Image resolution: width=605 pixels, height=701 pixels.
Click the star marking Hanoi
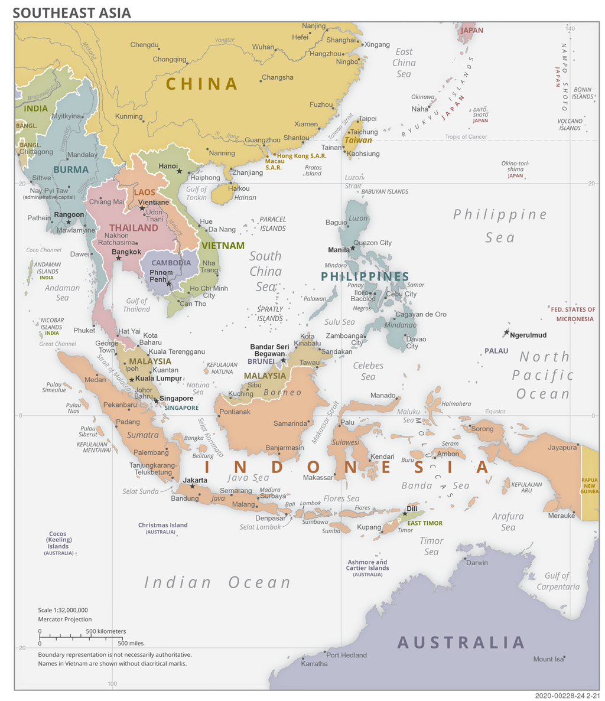click(179, 171)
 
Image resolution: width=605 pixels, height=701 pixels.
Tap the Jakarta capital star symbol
click(192, 486)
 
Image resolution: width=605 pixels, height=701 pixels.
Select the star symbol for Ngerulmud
click(506, 333)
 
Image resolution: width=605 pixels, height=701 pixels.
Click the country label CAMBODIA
click(171, 263)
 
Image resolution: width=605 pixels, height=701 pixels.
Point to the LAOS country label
click(145, 193)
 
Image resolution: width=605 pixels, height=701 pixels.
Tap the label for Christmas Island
click(162, 525)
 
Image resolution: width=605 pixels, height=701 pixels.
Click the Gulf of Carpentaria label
click(558, 581)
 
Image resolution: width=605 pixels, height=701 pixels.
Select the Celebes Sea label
click(368, 371)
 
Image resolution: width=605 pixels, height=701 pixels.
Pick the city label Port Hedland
click(346, 655)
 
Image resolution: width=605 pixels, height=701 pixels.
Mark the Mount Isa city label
click(547, 659)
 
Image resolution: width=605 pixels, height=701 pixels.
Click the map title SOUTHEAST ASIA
click(72, 12)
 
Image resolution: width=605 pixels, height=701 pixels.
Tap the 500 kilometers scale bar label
click(106, 631)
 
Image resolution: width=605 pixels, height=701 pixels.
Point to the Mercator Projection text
click(65, 620)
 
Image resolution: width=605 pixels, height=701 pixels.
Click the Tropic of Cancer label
click(466, 137)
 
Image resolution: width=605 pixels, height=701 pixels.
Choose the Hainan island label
click(245, 198)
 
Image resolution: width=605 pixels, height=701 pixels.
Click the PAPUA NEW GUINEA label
click(590, 485)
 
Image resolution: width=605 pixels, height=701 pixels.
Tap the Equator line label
click(495, 411)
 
